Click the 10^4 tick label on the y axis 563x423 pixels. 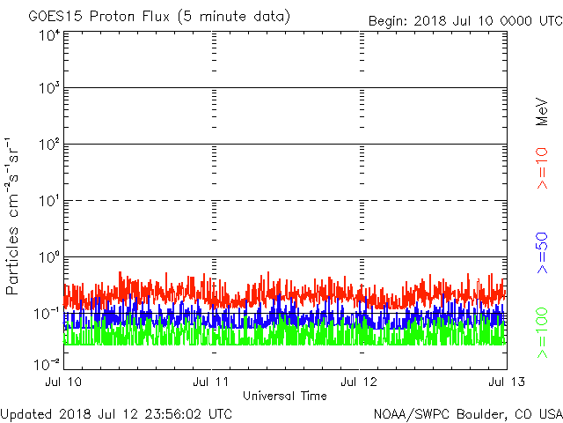click(48, 34)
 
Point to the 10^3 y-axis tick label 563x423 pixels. click(48, 88)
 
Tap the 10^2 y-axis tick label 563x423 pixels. click(48, 145)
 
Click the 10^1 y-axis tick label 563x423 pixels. click(48, 201)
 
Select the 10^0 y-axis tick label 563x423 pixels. click(48, 257)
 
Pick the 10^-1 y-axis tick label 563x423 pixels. click(47, 314)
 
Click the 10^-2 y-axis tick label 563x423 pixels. click(47, 363)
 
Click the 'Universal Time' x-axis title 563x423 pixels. click(285, 396)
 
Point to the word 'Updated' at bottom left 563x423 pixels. click(27, 413)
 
